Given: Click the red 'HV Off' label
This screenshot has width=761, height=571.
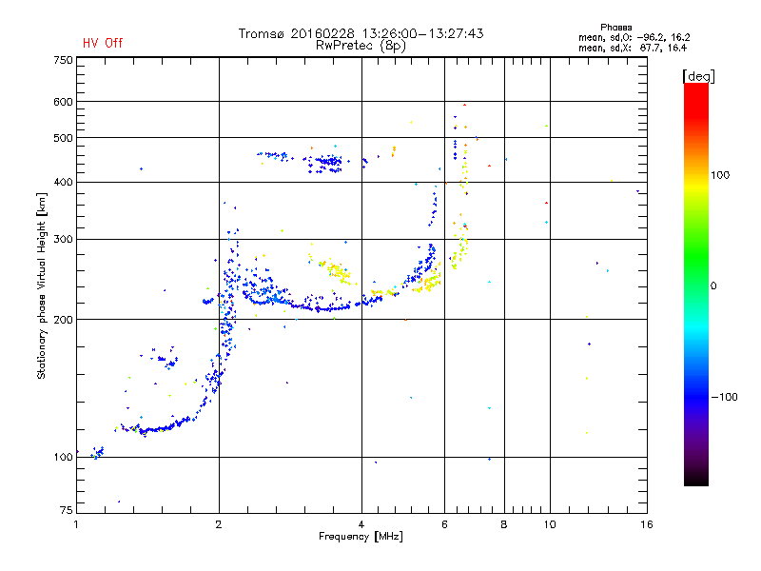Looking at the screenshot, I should (103, 43).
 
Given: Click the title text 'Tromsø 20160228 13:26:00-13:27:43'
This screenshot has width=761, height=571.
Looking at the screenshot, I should (361, 33).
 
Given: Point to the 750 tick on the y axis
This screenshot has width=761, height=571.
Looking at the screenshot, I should (63, 60).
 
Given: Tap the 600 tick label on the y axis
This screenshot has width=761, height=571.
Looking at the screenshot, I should (63, 102).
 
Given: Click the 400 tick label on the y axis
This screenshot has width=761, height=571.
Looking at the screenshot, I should (63, 182).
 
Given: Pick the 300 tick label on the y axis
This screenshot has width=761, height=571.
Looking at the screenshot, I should (63, 239).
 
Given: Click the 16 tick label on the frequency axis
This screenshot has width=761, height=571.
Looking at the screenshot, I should (646, 524).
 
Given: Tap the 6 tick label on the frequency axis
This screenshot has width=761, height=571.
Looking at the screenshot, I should (444, 524).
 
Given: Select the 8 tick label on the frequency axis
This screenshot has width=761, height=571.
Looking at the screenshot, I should (504, 524).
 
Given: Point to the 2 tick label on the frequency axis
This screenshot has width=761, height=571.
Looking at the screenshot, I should (219, 524).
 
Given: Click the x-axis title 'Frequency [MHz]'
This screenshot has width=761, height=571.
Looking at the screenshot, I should (361, 537).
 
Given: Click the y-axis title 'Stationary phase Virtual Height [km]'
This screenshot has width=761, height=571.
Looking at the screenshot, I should (42, 285).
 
